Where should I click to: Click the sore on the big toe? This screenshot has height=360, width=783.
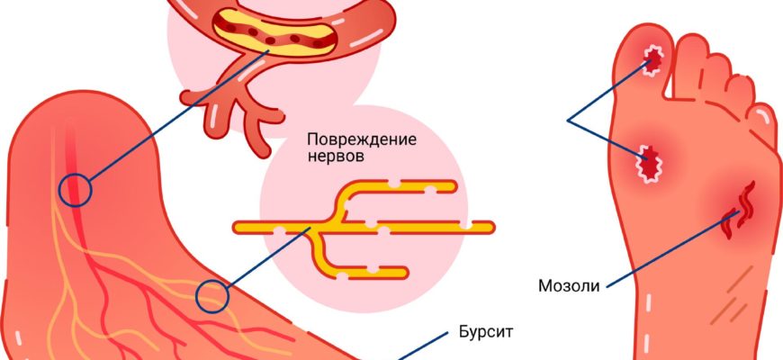pyautogui.click(x=652, y=60)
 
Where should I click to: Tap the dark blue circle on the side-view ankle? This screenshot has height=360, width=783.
pyautogui.click(x=75, y=188)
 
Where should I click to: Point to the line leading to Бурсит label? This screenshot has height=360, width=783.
pyautogui.click(x=423, y=346)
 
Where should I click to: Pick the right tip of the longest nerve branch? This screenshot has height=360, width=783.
pyautogui.click(x=491, y=227)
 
